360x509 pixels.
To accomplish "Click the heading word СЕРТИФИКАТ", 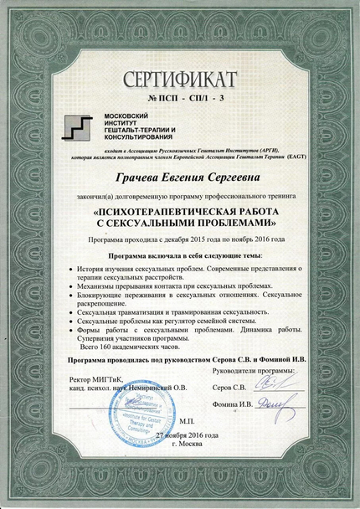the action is click(180, 80).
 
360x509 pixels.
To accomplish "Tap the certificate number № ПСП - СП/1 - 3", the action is click(180, 100).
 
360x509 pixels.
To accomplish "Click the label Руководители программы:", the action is click(255, 369).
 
